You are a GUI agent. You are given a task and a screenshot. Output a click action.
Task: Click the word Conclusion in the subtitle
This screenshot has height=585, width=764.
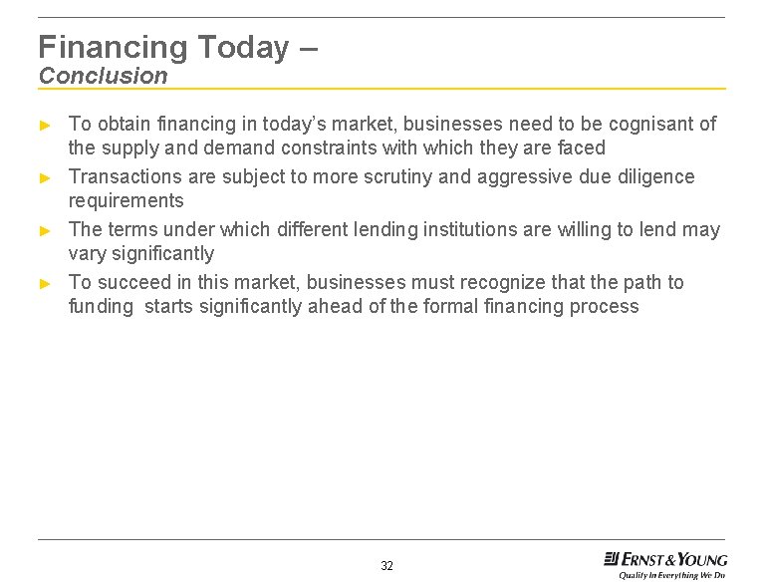click(104, 76)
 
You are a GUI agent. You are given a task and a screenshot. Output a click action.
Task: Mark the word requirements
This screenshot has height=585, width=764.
click(126, 200)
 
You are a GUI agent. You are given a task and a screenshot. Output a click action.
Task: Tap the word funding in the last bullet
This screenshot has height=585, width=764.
click(100, 307)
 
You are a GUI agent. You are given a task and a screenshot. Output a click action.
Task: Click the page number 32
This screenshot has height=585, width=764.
click(386, 566)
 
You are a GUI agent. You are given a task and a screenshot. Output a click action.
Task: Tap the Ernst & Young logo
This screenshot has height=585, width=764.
click(665, 559)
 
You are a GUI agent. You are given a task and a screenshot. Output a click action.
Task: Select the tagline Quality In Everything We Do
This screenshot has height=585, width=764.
click(671, 575)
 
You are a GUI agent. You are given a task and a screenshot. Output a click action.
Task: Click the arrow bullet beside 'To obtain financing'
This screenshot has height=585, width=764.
click(44, 126)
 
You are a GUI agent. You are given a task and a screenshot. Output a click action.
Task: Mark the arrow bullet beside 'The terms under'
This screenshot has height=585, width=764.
click(44, 230)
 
